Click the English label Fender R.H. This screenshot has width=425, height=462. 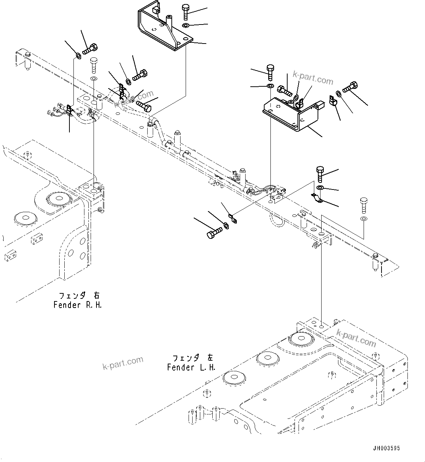[77, 305]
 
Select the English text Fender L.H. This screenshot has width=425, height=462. [191, 367]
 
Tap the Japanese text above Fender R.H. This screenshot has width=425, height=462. [79, 295]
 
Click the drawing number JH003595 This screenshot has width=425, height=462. [387, 448]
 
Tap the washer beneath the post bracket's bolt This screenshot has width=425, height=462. [185, 25]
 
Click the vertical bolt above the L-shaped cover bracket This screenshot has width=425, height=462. [270, 72]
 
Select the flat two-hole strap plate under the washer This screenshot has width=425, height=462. [316, 198]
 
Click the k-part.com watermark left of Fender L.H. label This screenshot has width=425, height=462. [123, 363]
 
